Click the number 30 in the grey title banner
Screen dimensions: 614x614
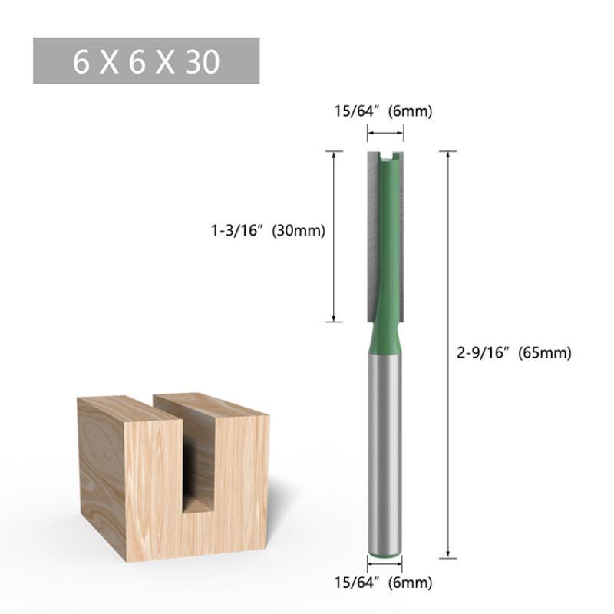(x=203, y=62)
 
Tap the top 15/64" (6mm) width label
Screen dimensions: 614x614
(x=383, y=111)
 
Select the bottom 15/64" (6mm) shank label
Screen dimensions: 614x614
(x=383, y=583)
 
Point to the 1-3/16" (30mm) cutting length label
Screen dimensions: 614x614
(x=268, y=231)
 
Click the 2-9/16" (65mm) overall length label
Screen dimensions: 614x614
(x=514, y=353)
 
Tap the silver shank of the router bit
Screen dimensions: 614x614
(x=385, y=451)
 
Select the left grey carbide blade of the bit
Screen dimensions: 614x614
(x=373, y=235)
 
